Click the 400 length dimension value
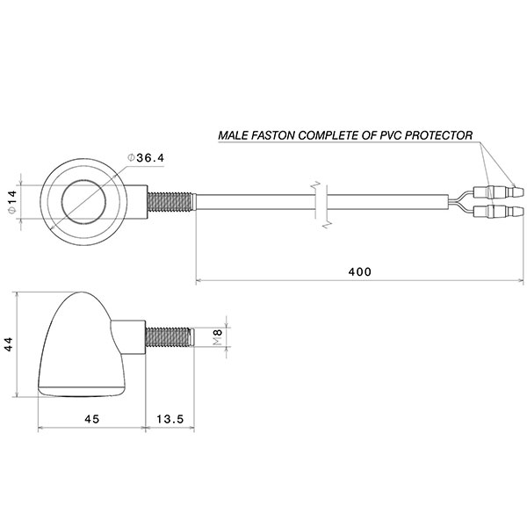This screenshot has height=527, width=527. (360, 272)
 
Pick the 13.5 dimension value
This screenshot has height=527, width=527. (168, 419)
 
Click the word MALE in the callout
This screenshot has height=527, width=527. (235, 136)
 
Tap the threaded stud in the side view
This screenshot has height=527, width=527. (168, 336)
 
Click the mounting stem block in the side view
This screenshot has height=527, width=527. (128, 336)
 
